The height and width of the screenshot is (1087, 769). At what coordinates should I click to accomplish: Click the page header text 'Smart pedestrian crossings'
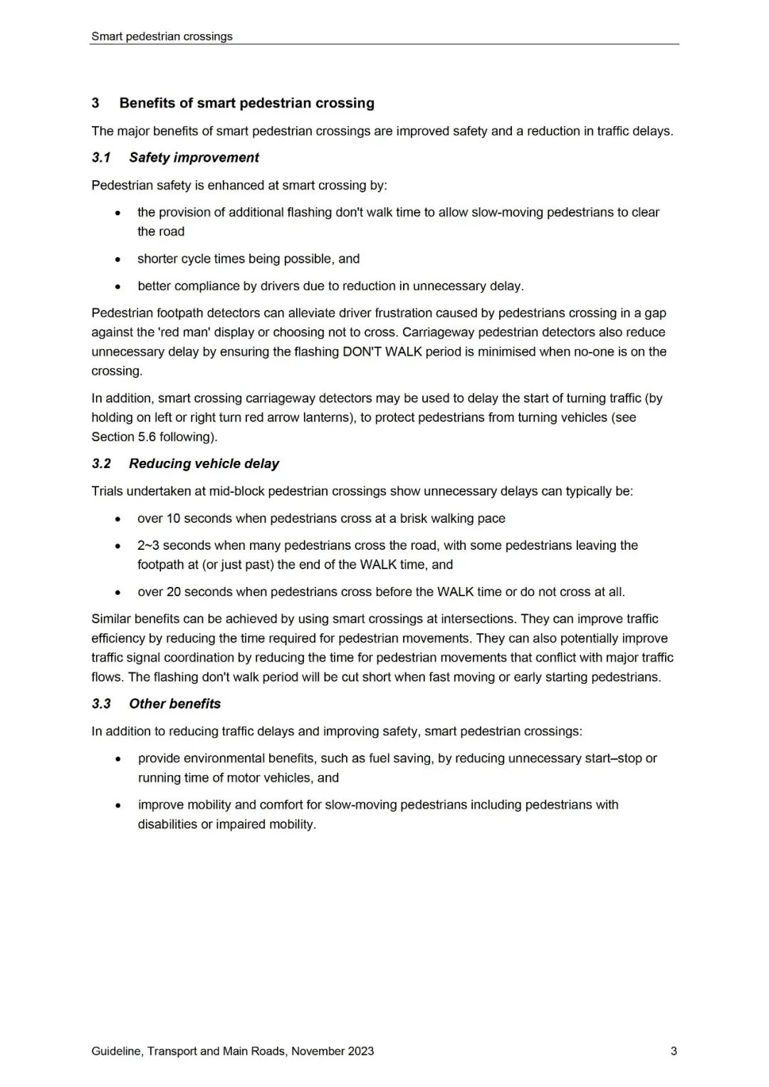pyautogui.click(x=162, y=36)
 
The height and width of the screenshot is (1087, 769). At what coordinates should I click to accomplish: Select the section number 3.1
pyautogui.click(x=101, y=157)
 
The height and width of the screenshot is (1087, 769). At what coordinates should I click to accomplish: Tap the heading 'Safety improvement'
pyautogui.click(x=194, y=157)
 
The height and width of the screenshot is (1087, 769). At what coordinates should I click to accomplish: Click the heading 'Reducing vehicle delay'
pyautogui.click(x=204, y=464)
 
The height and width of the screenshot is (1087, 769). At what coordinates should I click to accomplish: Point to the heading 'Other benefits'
pyautogui.click(x=174, y=704)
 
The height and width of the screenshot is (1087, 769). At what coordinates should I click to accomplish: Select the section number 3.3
pyautogui.click(x=101, y=704)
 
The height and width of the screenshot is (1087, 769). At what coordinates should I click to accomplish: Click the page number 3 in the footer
pyautogui.click(x=674, y=1051)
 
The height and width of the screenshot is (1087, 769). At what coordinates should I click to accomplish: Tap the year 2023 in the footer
pyautogui.click(x=361, y=1051)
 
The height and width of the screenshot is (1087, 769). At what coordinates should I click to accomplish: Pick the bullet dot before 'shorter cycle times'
pyautogui.click(x=118, y=259)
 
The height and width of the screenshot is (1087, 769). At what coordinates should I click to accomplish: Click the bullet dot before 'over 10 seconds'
pyautogui.click(x=118, y=519)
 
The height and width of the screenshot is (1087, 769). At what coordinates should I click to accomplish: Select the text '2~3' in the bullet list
pyautogui.click(x=148, y=546)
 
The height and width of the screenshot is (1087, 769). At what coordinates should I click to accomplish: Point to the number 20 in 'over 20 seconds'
pyautogui.click(x=174, y=592)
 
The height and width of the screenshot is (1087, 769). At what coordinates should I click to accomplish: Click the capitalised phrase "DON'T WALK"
pyautogui.click(x=382, y=352)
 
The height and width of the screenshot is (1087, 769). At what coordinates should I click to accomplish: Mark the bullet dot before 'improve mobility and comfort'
pyautogui.click(x=118, y=806)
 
